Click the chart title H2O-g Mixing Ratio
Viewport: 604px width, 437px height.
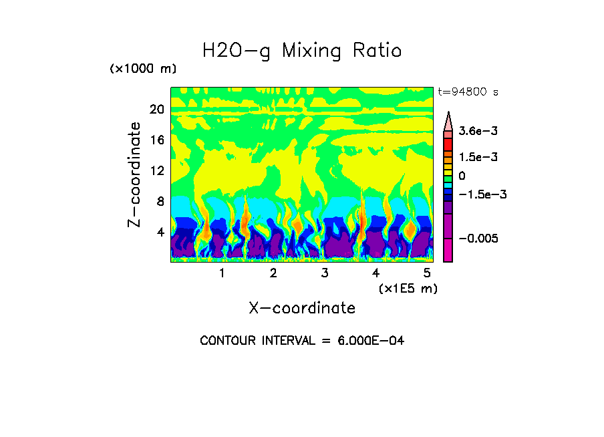[302, 51]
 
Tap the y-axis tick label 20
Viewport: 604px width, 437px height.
[156, 110]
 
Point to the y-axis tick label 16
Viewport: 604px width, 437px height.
[156, 140]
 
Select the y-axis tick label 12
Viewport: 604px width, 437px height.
[156, 171]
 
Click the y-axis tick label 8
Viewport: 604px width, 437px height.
[160, 202]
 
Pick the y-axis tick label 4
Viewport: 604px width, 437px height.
[160, 233]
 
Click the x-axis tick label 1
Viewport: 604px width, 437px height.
[222, 273]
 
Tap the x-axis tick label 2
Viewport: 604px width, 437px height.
[273, 273]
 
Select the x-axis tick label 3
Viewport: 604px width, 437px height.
[325, 273]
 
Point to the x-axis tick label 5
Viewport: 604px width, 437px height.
[427, 273]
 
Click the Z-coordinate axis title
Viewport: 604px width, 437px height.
[135, 174]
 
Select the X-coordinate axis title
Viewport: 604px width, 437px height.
[302, 308]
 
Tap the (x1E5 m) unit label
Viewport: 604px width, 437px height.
[408, 288]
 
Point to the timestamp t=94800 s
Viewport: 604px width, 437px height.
[468, 92]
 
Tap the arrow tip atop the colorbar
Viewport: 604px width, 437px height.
[448, 114]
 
